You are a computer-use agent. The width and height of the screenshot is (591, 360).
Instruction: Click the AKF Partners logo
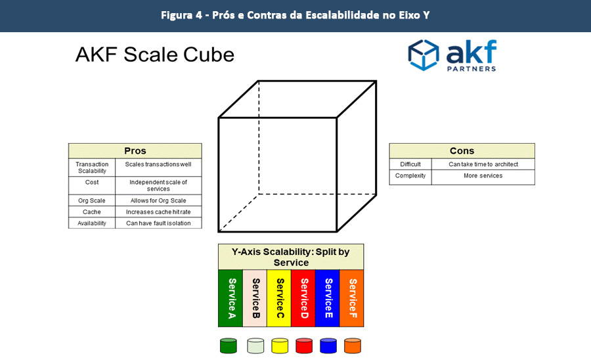point(452,55)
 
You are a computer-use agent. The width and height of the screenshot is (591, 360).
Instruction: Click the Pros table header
point(135,151)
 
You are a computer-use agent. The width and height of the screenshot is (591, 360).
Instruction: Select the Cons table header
point(462,151)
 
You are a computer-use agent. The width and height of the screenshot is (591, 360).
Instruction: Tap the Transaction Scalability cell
point(92,168)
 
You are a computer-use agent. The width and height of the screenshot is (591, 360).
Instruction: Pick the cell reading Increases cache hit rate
point(158,212)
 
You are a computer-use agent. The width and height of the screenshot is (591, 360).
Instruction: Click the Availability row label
point(92,223)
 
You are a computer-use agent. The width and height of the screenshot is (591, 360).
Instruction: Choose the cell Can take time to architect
point(483,164)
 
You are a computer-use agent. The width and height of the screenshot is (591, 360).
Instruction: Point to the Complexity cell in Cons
point(410,176)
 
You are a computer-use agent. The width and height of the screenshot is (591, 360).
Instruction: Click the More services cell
point(483,176)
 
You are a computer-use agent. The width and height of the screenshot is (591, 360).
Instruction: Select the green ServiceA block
point(230,298)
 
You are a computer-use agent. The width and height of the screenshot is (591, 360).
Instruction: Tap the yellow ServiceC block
point(279,298)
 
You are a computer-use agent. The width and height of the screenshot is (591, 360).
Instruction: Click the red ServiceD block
point(303,298)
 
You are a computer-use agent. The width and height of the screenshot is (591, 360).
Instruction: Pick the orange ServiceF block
point(352,298)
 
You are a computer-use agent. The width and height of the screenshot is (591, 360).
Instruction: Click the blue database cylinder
point(328,346)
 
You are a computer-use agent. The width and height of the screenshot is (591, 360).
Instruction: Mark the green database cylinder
point(228,346)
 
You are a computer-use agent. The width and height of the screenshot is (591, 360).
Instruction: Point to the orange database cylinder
point(353,346)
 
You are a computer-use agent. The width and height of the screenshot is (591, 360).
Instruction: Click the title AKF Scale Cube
point(155,55)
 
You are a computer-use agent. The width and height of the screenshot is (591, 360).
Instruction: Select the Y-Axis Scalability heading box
point(291,257)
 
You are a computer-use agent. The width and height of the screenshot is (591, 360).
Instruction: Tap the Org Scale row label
point(92,200)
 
